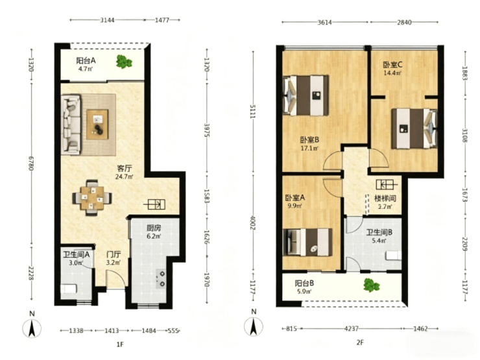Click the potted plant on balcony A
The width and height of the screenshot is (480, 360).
pyautogui.click(x=124, y=62)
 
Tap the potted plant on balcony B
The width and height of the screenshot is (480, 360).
pyautogui.click(x=371, y=285)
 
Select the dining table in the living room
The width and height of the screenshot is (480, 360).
pyautogui.click(x=92, y=198)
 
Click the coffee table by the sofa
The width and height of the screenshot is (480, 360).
pyautogui.click(x=97, y=125)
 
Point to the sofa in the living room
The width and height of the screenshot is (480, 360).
pyautogui.click(x=71, y=125)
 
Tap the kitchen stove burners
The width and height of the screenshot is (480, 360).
pyautogui.click(x=161, y=278)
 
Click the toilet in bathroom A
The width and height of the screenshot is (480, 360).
pyautogui.click(x=69, y=289)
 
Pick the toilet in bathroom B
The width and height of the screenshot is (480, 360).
pyautogui.click(x=394, y=256)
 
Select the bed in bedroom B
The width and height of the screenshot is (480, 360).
pyautogui.click(x=306, y=95)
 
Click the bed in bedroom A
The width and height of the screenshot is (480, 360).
pyautogui.click(x=307, y=242)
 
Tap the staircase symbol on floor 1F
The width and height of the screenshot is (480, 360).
pyautogui.click(x=156, y=204)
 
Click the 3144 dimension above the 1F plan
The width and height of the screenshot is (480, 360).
pyautogui.click(x=108, y=20)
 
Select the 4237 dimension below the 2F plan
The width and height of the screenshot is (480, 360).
pyautogui.click(x=352, y=328)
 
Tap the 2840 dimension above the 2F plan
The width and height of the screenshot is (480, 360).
pyautogui.click(x=404, y=22)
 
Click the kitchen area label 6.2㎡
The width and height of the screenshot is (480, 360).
pyautogui.click(x=154, y=236)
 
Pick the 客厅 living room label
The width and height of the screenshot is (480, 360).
pyautogui.click(x=125, y=169)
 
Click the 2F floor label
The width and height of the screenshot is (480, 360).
pyautogui.click(x=360, y=342)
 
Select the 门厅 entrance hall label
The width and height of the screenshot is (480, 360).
pyautogui.click(x=114, y=254)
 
